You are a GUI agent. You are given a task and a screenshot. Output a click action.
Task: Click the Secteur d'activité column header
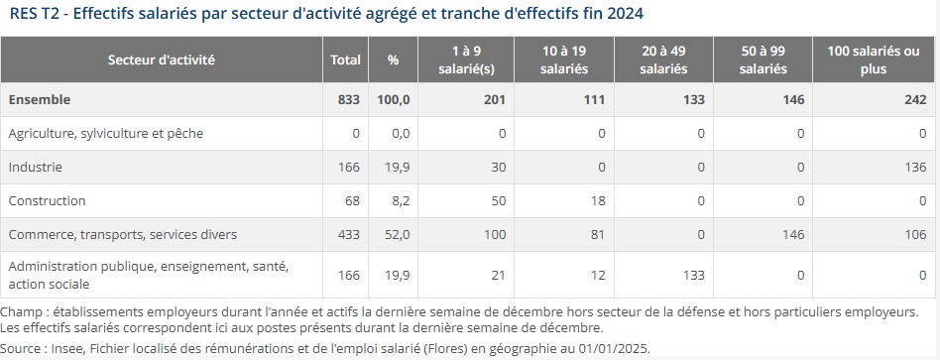[x=162, y=60]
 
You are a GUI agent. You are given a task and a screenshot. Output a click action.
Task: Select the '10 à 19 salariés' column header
[x=564, y=60]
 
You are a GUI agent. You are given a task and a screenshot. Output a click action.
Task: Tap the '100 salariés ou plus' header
[x=874, y=60]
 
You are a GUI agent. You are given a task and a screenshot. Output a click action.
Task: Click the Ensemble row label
[x=39, y=99]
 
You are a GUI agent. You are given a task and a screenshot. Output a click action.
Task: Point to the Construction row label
[x=47, y=200]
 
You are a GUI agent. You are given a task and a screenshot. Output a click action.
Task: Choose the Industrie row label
[x=35, y=167]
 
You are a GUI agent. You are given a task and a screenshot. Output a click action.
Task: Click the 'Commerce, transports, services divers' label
[x=122, y=235]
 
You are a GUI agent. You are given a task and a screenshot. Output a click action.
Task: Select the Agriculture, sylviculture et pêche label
[x=105, y=133]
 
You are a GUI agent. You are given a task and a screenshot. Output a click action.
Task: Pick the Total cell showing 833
[x=349, y=99]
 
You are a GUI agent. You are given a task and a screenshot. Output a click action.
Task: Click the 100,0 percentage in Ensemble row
[x=394, y=99]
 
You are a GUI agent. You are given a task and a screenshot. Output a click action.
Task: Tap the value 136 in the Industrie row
[x=915, y=167]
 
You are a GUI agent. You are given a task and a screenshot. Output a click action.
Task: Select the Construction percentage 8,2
[x=401, y=200]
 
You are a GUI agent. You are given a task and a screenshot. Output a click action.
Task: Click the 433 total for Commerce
[x=349, y=235]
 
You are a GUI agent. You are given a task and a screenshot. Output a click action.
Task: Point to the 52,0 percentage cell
[x=397, y=235]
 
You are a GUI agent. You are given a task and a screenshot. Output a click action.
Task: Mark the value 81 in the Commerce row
[x=597, y=235]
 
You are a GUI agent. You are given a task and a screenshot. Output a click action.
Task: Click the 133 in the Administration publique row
[x=694, y=276]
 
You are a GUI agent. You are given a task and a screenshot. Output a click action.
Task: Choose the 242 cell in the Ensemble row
[x=915, y=99]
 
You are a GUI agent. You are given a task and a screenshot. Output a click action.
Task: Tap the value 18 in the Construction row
[x=597, y=200]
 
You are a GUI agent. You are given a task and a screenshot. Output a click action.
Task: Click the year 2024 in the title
[x=626, y=13]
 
